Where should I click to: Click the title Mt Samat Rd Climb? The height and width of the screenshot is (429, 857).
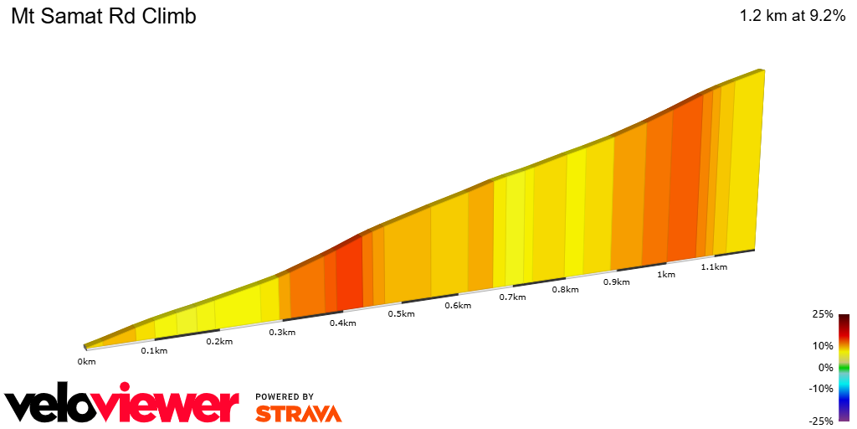pyautogui.click(x=104, y=17)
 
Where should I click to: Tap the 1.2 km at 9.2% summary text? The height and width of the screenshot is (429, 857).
pyautogui.click(x=792, y=17)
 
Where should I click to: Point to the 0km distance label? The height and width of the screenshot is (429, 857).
pyautogui.click(x=86, y=361)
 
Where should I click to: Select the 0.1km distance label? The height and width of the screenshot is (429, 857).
pyautogui.click(x=154, y=350)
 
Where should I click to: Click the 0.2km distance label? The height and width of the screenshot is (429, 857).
pyautogui.click(x=219, y=341)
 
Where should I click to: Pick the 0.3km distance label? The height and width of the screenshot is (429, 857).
pyautogui.click(x=282, y=333)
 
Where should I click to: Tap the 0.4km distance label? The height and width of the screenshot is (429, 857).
pyautogui.click(x=342, y=323)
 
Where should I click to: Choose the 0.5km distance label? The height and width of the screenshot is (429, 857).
pyautogui.click(x=402, y=314)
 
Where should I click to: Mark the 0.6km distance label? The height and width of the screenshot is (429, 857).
pyautogui.click(x=458, y=306)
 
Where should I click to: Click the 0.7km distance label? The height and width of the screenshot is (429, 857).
pyautogui.click(x=512, y=297)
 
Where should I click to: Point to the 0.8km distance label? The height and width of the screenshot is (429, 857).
pyautogui.click(x=566, y=290)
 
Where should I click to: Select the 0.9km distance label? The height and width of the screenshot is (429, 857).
pyautogui.click(x=616, y=282)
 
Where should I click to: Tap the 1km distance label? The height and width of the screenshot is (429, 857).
pyautogui.click(x=666, y=274)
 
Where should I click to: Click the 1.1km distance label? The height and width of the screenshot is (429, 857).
pyautogui.click(x=714, y=266)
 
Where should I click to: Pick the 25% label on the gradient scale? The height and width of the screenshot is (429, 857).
pyautogui.click(x=823, y=314)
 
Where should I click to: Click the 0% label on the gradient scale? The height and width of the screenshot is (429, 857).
pyautogui.click(x=825, y=367)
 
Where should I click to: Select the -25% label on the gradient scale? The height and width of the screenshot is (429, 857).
pyautogui.click(x=821, y=421)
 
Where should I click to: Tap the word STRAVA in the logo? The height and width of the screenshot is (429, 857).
pyautogui.click(x=299, y=413)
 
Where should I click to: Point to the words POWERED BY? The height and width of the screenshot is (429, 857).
pyautogui.click(x=285, y=396)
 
